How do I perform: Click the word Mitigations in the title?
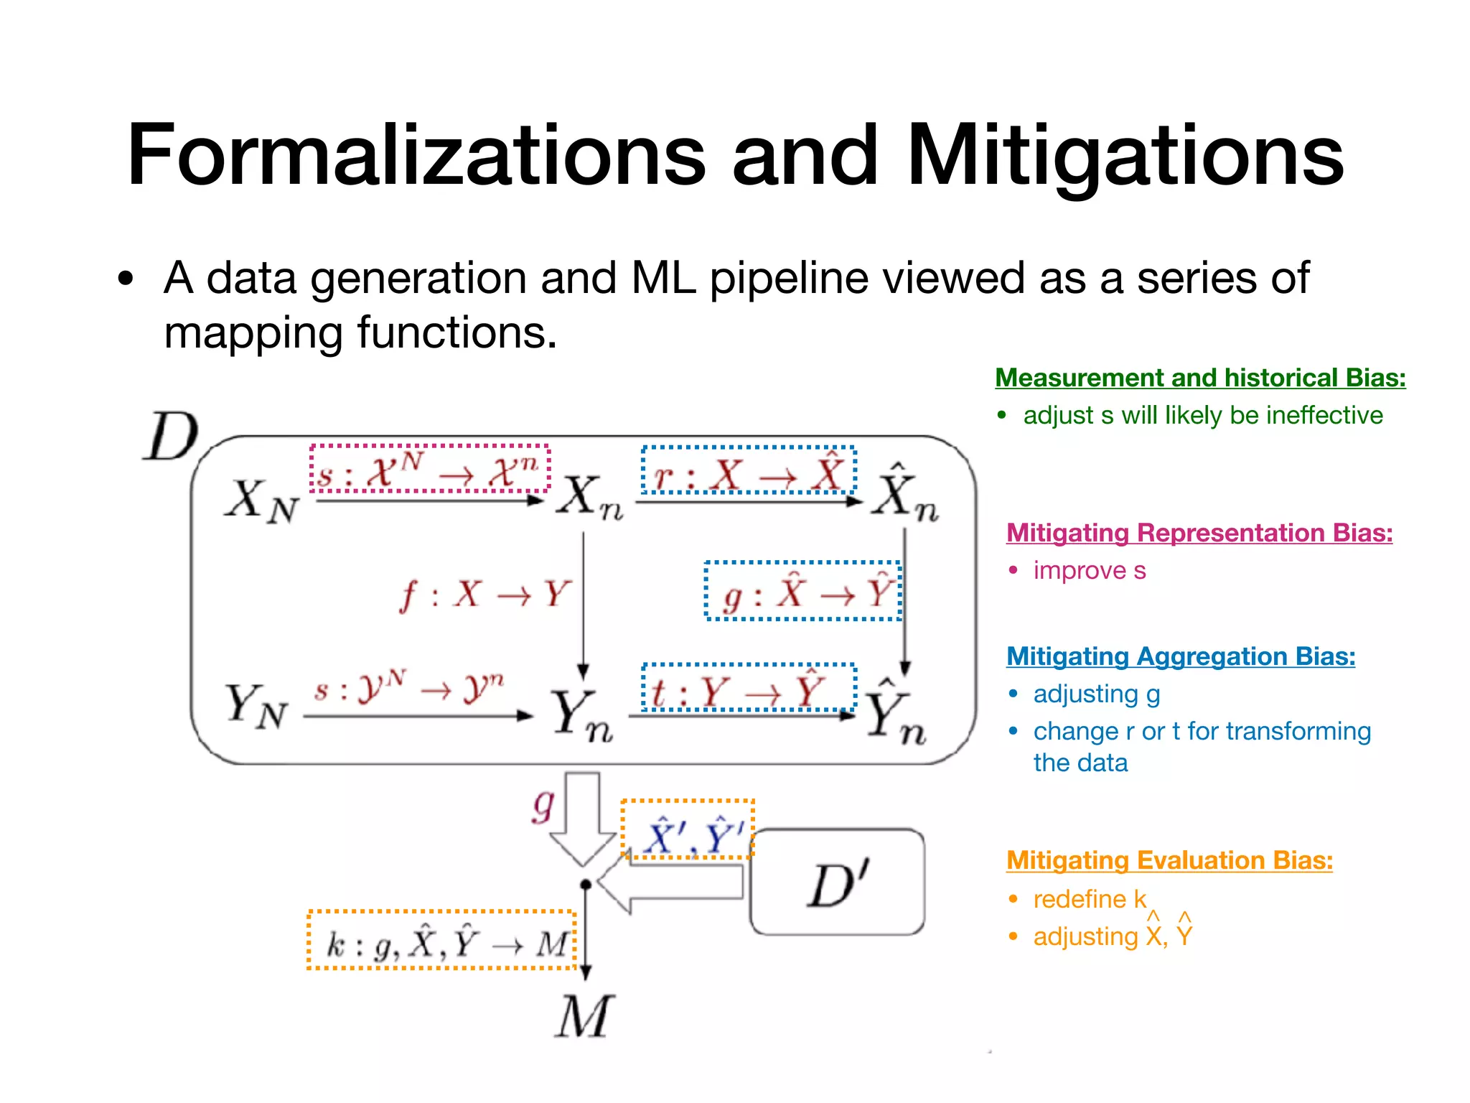point(1125,156)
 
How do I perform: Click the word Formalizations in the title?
point(416,156)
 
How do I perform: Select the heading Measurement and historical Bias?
point(1200,378)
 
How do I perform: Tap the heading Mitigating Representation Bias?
point(1199,533)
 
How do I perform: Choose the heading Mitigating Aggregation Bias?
point(1181,656)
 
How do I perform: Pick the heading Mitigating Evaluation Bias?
point(1169,860)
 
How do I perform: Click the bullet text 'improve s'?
point(1090,571)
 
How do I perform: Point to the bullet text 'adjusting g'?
point(1097,694)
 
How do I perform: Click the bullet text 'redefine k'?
point(1090,899)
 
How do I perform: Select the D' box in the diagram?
point(838,883)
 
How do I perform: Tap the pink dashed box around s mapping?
point(430,469)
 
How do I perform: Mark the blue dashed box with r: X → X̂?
point(749,470)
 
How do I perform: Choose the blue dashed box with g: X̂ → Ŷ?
point(803,591)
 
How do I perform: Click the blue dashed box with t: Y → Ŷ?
point(749,688)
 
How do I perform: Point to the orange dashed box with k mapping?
point(441,940)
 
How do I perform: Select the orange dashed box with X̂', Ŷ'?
point(687,829)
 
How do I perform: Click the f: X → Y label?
point(485,595)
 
